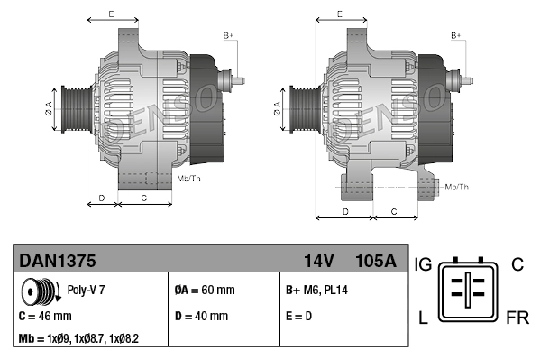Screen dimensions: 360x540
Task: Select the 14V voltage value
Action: [318, 261]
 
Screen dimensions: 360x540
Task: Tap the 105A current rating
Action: [376, 261]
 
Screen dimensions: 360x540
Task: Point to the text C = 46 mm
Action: [45, 317]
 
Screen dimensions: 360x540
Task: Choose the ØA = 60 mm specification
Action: [204, 291]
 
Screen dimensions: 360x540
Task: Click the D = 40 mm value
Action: [200, 317]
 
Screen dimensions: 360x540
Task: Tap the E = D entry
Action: [300, 317]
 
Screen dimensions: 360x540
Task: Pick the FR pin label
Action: [517, 318]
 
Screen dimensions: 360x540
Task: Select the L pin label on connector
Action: [421, 318]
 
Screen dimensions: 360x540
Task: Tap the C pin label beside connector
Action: [517, 264]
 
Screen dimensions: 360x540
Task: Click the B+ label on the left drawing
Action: [228, 34]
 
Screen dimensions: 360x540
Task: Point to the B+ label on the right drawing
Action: [456, 34]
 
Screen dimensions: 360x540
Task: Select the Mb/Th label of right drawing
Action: [456, 187]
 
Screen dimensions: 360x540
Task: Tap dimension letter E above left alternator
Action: [111, 14]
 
